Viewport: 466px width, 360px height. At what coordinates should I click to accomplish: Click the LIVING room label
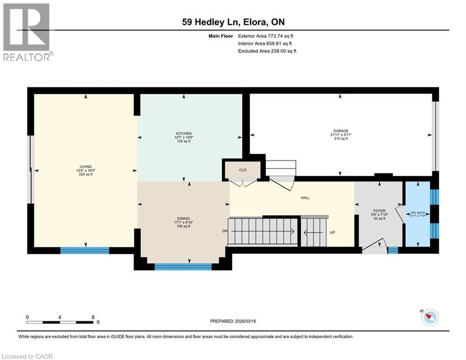85,166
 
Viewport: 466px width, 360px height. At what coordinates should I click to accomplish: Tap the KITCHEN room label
184,134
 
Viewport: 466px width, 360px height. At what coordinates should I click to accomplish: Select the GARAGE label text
340,131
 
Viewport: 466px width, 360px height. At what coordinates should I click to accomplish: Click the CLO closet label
242,170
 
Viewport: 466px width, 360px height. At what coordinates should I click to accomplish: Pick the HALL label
305,198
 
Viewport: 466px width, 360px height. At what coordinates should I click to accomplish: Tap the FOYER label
379,210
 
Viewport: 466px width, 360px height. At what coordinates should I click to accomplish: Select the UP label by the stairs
332,232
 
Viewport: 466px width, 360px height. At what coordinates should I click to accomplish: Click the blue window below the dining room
183,267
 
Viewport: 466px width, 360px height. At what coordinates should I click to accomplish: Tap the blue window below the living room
85,250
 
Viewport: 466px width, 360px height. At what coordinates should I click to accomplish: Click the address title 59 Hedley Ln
233,22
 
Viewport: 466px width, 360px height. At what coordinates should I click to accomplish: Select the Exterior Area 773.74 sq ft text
266,36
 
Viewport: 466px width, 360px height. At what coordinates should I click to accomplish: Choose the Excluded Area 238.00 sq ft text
267,51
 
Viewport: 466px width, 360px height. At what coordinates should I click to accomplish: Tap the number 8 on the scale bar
93,317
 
